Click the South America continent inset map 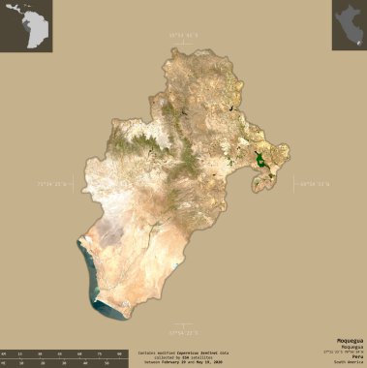pyautogui.click(x=25, y=26)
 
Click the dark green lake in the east pyautogui.click(x=260, y=159)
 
